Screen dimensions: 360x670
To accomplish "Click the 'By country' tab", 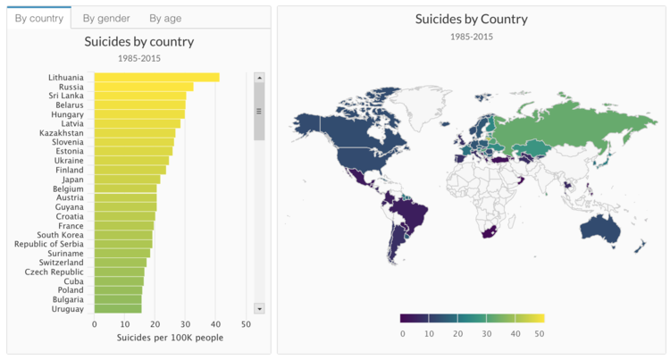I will (x=38, y=18).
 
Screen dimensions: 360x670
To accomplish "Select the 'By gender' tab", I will (x=106, y=18).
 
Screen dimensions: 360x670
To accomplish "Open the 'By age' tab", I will (x=165, y=18).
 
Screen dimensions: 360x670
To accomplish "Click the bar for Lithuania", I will (x=156, y=78).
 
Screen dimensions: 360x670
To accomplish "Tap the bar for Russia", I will (x=143, y=87).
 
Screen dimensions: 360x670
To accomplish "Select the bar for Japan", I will (x=127, y=179).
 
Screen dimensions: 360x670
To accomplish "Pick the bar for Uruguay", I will (x=117, y=309).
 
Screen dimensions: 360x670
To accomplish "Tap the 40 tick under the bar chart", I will (x=215, y=324).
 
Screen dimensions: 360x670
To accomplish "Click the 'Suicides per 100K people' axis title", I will (x=170, y=338).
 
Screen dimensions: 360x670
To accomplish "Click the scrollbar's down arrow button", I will (x=259, y=308).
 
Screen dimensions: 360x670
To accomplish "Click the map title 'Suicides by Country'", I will (x=472, y=19).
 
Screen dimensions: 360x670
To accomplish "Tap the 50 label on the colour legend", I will (x=540, y=333).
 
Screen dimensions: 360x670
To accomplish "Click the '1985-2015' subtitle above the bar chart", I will (x=138, y=58).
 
